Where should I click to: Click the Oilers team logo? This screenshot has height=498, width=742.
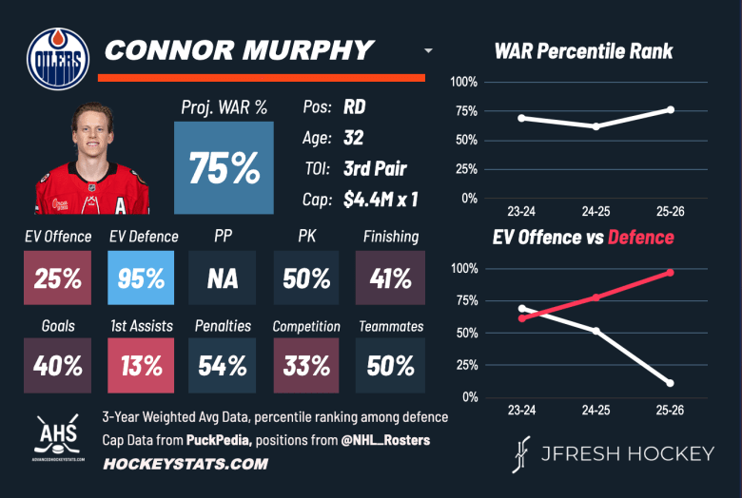pyautogui.click(x=59, y=57)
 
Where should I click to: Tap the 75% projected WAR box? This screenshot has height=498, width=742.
pyautogui.click(x=224, y=167)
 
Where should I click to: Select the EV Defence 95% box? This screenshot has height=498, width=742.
pyautogui.click(x=140, y=278)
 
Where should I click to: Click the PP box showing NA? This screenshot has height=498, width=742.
pyautogui.click(x=223, y=278)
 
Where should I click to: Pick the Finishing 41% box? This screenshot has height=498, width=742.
pyautogui.click(x=390, y=278)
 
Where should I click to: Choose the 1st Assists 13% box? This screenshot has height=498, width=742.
pyautogui.click(x=140, y=365)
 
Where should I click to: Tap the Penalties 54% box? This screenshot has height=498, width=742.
pyautogui.click(x=223, y=365)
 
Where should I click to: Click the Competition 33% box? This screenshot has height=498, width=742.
pyautogui.click(x=306, y=365)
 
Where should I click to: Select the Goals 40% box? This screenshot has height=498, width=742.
pyautogui.click(x=57, y=365)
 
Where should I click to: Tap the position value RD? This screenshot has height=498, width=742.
pyautogui.click(x=355, y=108)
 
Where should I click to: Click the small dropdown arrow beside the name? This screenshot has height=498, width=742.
pyautogui.click(x=428, y=50)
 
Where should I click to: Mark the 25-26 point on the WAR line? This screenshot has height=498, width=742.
pyautogui.click(x=671, y=109)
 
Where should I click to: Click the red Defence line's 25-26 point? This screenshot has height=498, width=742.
pyautogui.click(x=671, y=273)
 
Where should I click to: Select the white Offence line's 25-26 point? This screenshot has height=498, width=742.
pyautogui.click(x=671, y=383)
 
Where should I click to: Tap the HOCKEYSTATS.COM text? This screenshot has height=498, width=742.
pyautogui.click(x=185, y=464)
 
